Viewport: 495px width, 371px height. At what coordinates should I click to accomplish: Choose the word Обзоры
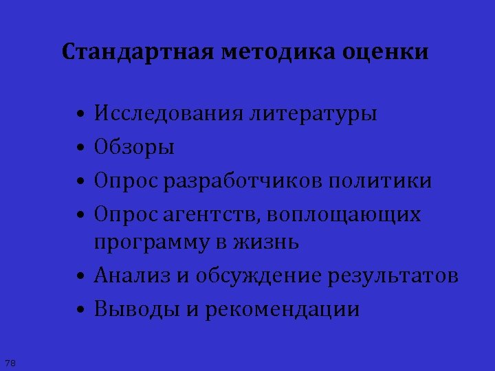(x=135, y=147)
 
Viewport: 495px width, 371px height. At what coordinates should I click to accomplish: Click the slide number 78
(x=10, y=362)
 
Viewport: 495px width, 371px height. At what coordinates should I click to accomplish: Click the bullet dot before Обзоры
(x=81, y=148)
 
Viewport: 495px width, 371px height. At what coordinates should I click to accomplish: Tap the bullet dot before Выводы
(x=81, y=310)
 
